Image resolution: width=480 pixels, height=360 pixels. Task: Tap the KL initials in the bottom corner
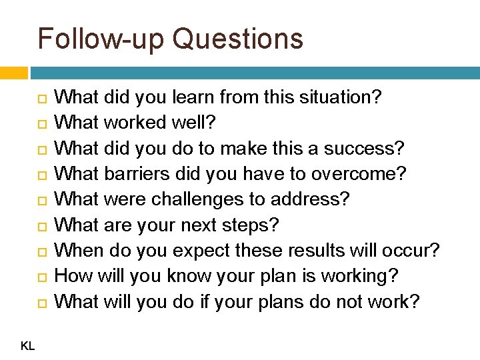[x=27, y=346]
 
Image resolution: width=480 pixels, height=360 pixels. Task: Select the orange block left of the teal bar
[x=13, y=72]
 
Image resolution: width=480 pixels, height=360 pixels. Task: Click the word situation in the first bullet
[x=335, y=98]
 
